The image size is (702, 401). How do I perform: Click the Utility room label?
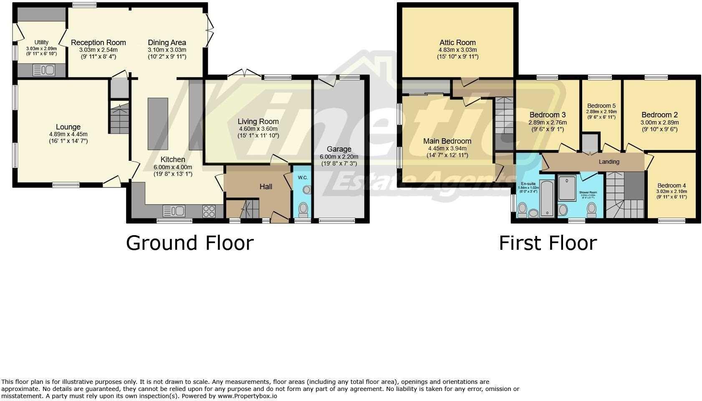41,42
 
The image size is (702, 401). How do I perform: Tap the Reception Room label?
98,43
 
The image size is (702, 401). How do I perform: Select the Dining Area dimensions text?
167,53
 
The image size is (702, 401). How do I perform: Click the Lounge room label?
68,127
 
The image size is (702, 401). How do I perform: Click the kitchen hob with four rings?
209,211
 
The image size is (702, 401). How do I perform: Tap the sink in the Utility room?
43,70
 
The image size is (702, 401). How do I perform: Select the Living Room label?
258,122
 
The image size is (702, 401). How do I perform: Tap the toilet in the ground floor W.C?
303,208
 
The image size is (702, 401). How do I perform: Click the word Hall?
266,187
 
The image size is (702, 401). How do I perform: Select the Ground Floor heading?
189,243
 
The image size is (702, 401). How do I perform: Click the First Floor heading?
548,243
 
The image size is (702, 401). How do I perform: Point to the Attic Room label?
457,43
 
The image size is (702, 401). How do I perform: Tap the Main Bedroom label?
447,141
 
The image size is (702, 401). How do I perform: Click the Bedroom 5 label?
601,106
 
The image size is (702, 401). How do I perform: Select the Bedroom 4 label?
671,186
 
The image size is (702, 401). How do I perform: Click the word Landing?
609,162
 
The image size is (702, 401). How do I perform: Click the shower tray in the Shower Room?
567,189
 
